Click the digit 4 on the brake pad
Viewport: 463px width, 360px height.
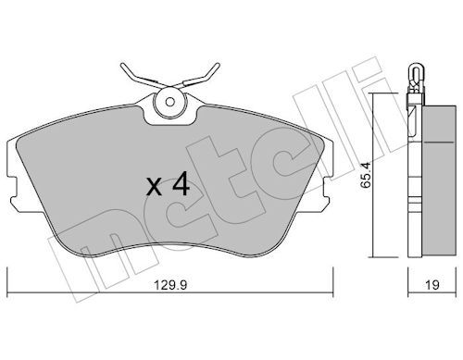click(x=181, y=185)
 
